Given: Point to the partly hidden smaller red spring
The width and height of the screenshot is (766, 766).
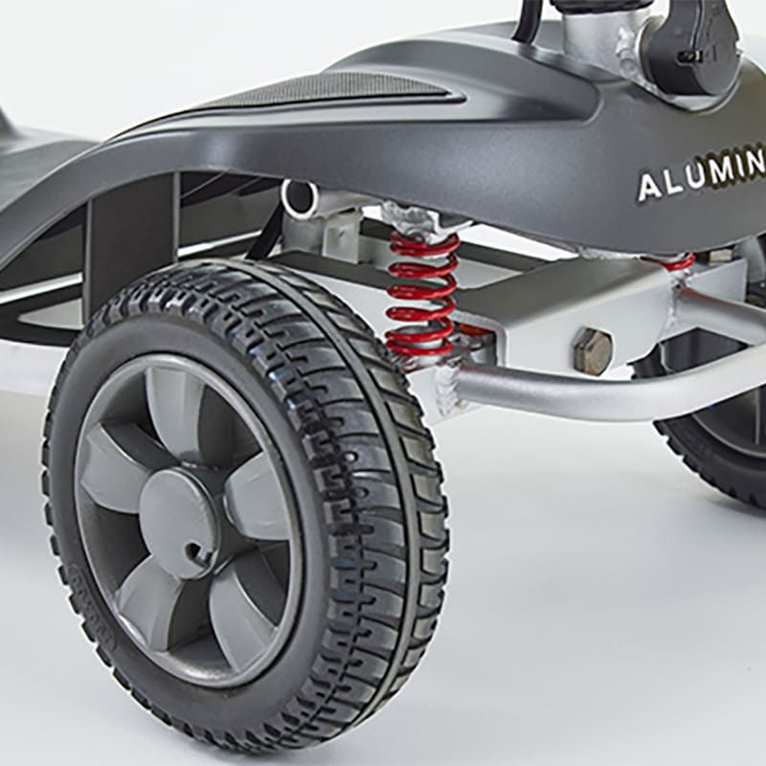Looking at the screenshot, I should pos(678,261).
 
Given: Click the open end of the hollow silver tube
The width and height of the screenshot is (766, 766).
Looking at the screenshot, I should pos(300,199).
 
